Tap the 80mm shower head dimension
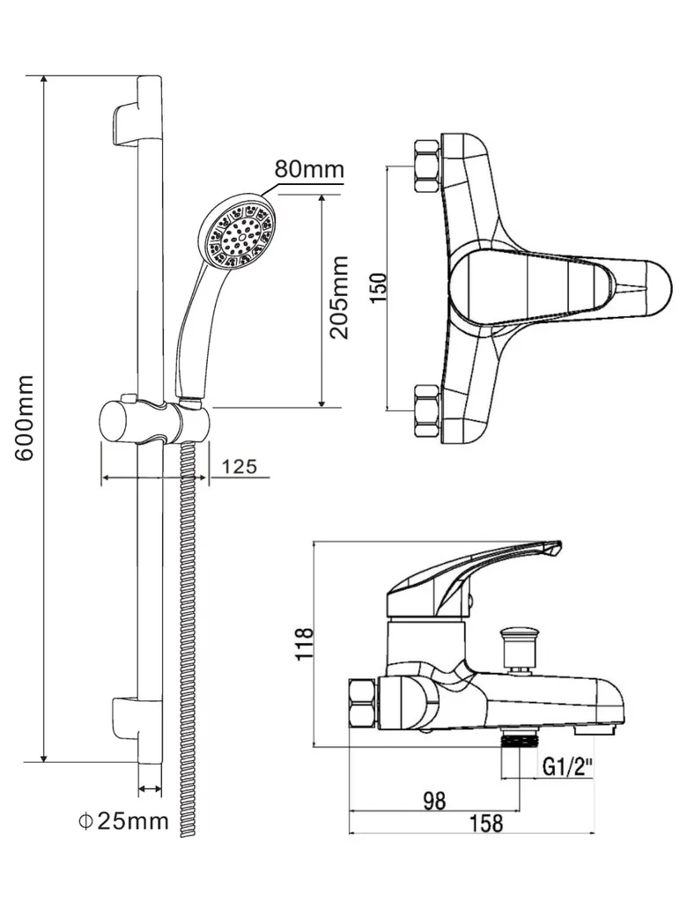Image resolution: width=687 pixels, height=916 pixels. click(308, 169)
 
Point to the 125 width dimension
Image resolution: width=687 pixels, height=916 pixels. click(240, 467)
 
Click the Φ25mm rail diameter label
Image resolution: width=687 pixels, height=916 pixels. click(122, 821)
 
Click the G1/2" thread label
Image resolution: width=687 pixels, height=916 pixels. click(567, 767)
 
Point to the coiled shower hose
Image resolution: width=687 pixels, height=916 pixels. click(187, 634)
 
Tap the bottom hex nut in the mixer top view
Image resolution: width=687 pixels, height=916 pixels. click(426, 410)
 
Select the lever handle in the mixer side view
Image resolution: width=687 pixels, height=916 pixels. click(476, 572)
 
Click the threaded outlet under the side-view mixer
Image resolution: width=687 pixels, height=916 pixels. click(519, 740)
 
